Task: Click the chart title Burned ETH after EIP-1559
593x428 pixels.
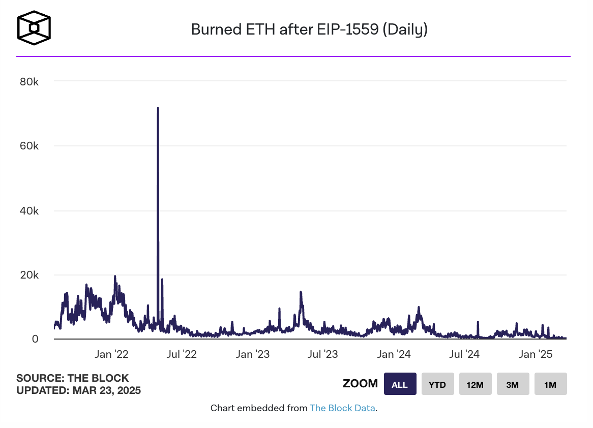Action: [309, 29]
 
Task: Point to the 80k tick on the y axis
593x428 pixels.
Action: [28, 82]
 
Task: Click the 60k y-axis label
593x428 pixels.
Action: [28, 146]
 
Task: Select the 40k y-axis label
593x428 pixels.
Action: [28, 211]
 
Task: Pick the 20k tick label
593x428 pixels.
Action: [28, 275]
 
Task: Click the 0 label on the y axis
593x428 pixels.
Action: [35, 339]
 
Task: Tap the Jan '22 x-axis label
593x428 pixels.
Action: [111, 355]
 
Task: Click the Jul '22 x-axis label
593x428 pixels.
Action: [181, 355]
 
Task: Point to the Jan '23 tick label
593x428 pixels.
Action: [252, 355]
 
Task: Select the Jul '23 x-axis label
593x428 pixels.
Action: [322, 355]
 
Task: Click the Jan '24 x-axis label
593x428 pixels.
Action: [394, 355]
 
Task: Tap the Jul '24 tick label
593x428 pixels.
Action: [464, 355]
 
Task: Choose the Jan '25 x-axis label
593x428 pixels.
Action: [535, 355]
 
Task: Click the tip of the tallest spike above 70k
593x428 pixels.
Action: [158, 108]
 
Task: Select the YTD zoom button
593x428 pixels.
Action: [437, 384]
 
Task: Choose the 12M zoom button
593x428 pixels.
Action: [475, 384]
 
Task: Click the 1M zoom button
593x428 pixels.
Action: [550, 384]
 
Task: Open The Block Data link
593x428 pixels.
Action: [342, 408]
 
